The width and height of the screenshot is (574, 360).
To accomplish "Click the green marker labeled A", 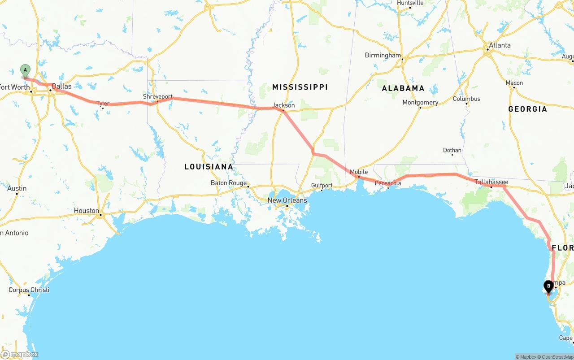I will [x=26, y=70].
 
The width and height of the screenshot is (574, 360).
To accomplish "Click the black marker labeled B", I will [x=548, y=286].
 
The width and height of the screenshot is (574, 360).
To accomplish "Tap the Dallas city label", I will [x=61, y=86].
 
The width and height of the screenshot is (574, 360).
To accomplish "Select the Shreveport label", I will [x=157, y=96].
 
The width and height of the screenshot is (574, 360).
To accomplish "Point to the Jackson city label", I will [x=284, y=105].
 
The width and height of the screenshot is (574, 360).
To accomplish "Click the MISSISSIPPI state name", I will [x=300, y=87].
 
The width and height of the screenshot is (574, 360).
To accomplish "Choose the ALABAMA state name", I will [x=403, y=88].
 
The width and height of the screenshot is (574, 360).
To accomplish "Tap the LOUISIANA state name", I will [x=209, y=167].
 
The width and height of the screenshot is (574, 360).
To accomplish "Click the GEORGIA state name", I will [x=527, y=109].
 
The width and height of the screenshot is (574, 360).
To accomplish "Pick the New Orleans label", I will [x=287, y=200].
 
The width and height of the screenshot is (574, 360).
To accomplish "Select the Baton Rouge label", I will [x=229, y=183].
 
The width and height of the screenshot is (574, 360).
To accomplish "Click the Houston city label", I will [x=87, y=210].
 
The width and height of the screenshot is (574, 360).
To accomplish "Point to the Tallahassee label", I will [x=491, y=182].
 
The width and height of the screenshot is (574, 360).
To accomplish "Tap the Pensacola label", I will [x=388, y=183].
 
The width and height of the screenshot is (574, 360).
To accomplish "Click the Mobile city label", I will [x=359, y=172].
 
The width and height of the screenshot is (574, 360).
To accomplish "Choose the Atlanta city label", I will [x=500, y=45].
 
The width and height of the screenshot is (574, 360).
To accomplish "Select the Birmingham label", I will [x=383, y=55].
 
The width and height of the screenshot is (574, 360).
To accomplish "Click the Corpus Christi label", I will [x=29, y=290].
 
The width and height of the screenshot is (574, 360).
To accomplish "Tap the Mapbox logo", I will [x=20, y=354].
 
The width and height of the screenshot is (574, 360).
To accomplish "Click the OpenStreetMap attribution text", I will [x=556, y=357].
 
